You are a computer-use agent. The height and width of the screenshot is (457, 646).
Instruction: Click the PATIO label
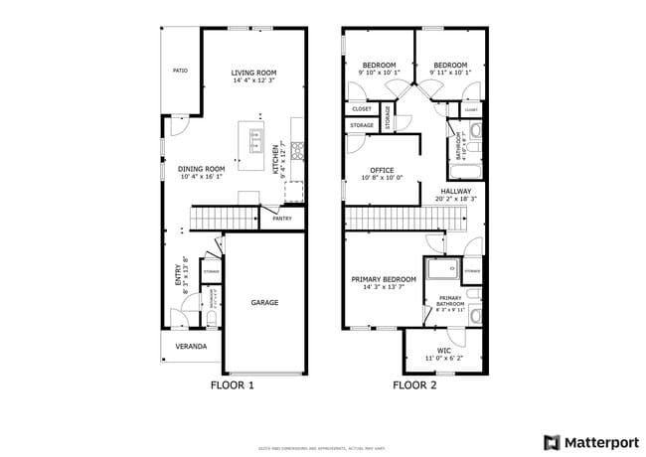(180, 72)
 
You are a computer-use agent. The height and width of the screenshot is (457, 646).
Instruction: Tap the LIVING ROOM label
(253, 73)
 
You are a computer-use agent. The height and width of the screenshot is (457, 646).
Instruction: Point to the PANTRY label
(282, 218)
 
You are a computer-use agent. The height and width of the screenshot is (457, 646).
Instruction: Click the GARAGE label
(264, 302)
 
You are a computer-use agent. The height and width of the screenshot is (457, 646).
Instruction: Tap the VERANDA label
(191, 346)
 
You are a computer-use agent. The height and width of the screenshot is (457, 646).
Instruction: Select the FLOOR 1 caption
(233, 384)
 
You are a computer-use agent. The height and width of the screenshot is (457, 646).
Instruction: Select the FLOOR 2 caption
(414, 384)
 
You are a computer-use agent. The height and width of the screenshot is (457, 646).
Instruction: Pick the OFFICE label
(383, 170)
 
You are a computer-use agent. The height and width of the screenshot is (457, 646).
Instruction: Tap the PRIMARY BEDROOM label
(383, 279)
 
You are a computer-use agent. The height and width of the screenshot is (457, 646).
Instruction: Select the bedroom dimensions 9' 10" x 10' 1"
(379, 73)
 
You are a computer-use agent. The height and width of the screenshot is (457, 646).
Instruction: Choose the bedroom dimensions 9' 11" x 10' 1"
(450, 73)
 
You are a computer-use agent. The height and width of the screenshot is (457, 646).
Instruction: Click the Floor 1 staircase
(226, 218)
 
